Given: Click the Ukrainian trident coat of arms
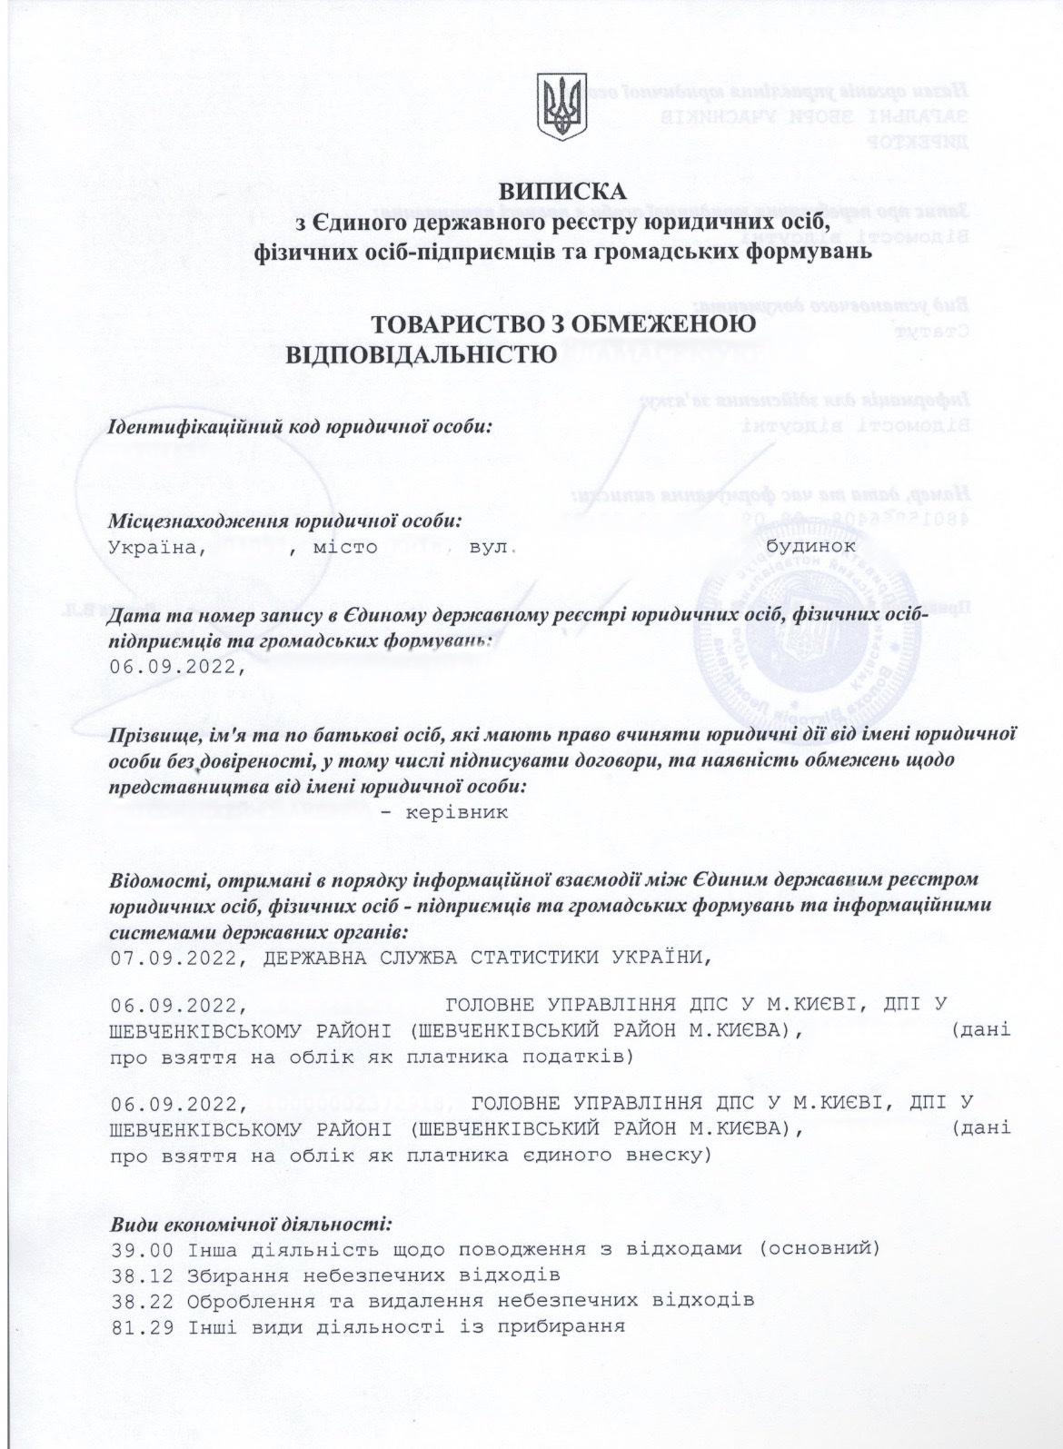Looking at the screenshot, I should [562, 107].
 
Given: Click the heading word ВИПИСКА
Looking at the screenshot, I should [561, 192].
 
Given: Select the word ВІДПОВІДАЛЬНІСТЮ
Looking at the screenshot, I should [422, 353].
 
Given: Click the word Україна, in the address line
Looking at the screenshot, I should [159, 548].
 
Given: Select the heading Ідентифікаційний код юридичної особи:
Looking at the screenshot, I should [300, 426].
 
